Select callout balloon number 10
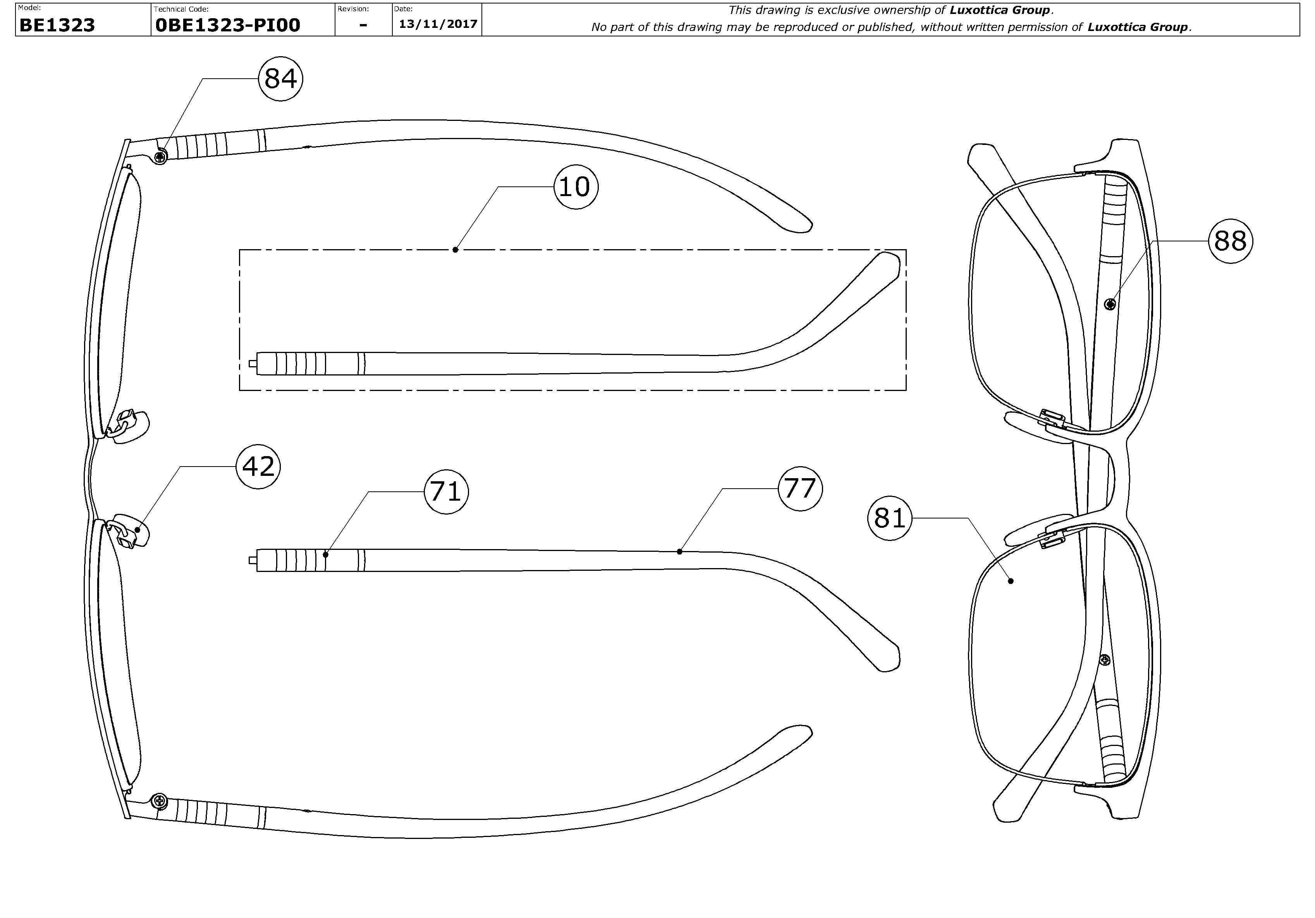(x=575, y=187)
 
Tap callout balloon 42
(x=258, y=467)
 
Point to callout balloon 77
(x=799, y=489)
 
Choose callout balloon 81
(x=889, y=518)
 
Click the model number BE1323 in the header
(x=57, y=25)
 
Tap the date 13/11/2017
(x=438, y=24)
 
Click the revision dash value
(x=363, y=25)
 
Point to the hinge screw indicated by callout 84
(x=162, y=155)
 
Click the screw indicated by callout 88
(x=1110, y=304)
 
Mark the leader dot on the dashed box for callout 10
(x=456, y=250)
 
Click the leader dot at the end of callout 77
(x=679, y=552)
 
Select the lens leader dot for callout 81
(x=1011, y=581)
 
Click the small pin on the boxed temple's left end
(x=253, y=363)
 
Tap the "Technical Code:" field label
(x=181, y=9)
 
